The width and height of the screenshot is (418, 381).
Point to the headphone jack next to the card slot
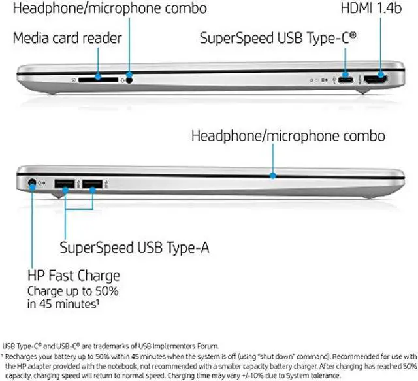[130, 80]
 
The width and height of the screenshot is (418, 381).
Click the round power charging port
[32, 184]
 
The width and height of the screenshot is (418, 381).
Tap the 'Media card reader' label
[67, 39]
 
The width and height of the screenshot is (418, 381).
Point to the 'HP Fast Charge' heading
[73, 274]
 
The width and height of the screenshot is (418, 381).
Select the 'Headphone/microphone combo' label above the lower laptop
[288, 137]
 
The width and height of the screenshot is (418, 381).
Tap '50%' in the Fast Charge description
[118, 290]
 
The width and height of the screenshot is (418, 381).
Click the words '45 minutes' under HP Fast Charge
[68, 303]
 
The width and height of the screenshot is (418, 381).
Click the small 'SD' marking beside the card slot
[73, 80]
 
